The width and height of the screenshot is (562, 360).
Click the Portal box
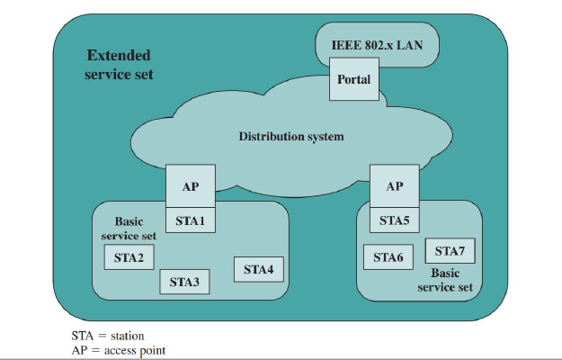point(353,80)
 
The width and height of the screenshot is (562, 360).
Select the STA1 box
point(191,220)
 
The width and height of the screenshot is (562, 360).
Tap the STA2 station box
point(129,257)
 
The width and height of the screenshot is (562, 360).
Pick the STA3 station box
point(184,283)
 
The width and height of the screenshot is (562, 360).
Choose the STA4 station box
point(258,269)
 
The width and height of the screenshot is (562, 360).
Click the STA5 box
point(394,220)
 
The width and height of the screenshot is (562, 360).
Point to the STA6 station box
point(388,257)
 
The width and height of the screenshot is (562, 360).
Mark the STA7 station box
point(450,250)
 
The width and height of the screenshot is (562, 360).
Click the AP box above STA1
point(191,187)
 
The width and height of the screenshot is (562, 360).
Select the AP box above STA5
point(394,187)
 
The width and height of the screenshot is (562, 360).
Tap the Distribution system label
point(291,137)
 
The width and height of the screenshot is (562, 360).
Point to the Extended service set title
point(119,65)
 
